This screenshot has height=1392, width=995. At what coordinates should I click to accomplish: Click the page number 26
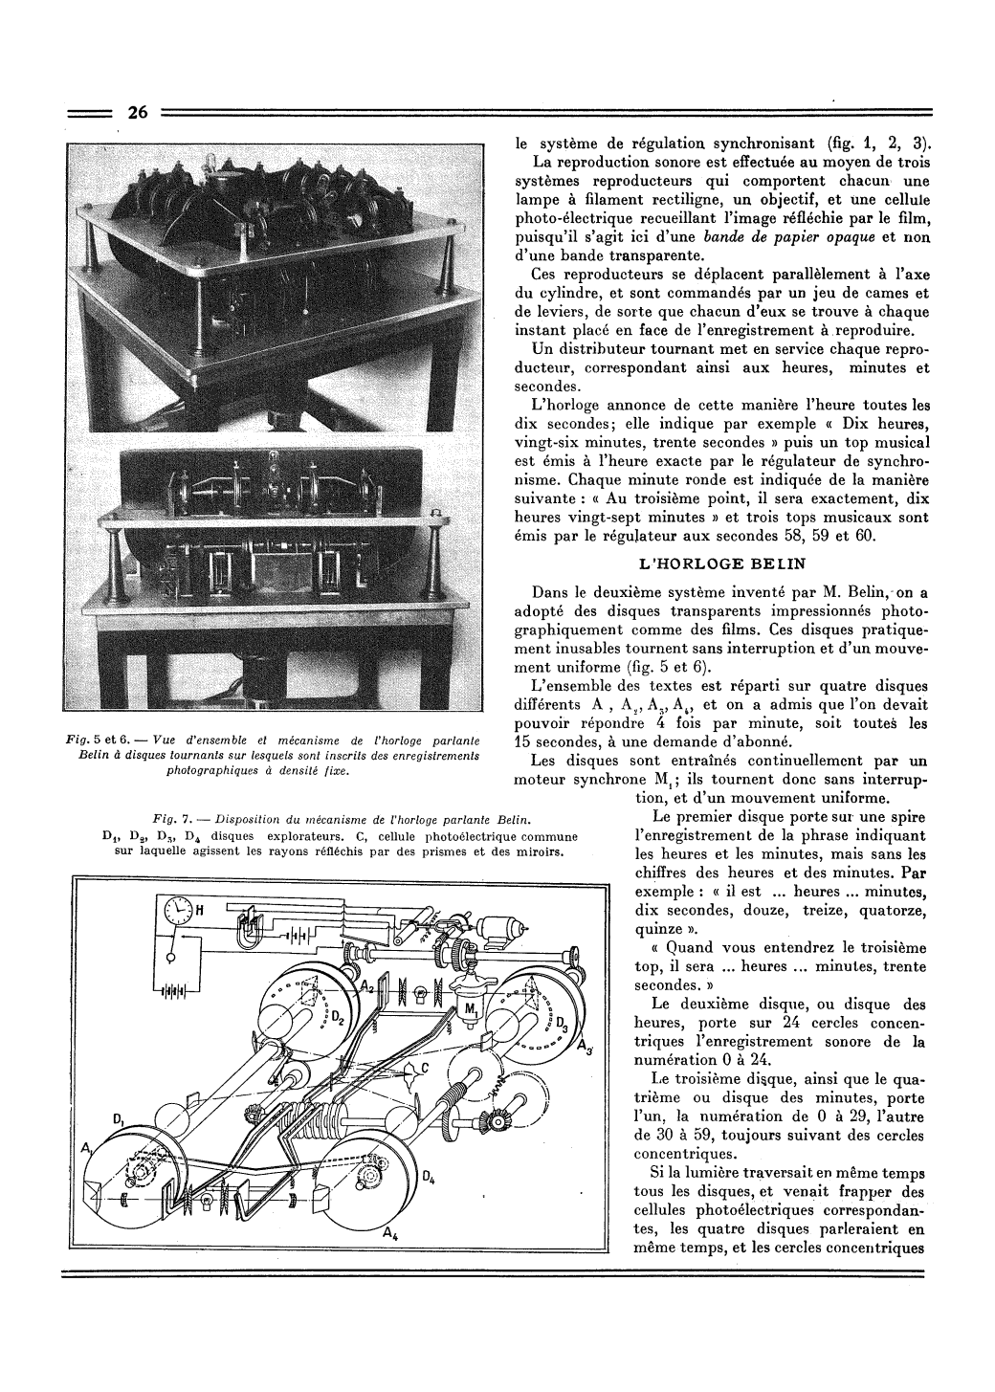point(137,113)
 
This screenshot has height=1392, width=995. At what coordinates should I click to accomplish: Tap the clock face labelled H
point(176,911)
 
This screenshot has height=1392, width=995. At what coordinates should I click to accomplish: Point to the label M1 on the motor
point(471,1010)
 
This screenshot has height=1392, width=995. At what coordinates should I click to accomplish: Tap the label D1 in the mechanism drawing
point(118,1118)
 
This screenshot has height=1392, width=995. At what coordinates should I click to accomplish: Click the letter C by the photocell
point(424,1065)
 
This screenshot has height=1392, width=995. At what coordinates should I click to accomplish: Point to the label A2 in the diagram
point(365,986)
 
